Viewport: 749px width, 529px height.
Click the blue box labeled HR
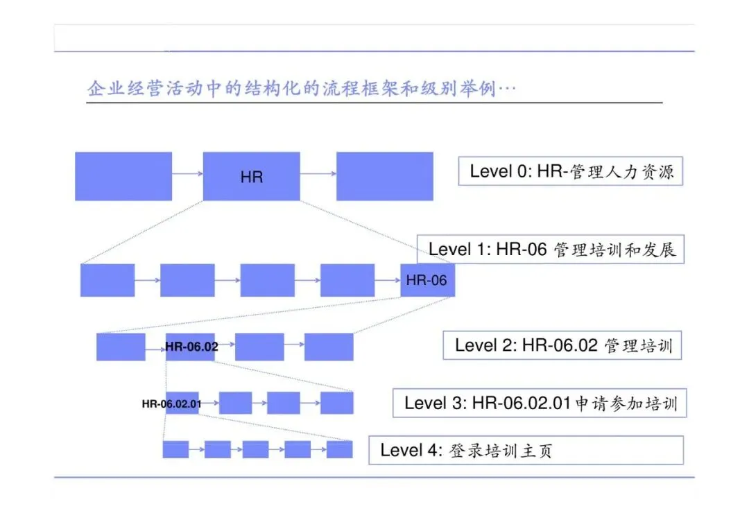[251, 176]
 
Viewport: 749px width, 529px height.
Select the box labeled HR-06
[427, 280]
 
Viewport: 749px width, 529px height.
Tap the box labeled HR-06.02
[191, 347]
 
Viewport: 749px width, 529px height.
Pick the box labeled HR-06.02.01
[182, 403]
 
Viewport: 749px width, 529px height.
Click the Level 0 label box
[571, 171]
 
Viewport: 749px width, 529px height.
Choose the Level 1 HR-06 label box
[551, 250]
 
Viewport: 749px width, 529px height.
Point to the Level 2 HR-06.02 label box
[562, 345]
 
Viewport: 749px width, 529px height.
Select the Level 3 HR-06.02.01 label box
[540, 403]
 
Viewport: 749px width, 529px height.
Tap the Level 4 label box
[525, 450]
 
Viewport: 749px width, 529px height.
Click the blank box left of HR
[123, 176]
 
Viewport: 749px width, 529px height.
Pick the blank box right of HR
[384, 176]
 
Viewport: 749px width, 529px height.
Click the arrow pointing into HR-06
[387, 280]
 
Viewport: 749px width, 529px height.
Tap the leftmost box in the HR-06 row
[107, 280]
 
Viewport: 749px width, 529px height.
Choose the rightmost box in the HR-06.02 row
[329, 347]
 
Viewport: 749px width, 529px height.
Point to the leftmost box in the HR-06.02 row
[121, 347]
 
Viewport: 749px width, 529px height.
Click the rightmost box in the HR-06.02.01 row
[336, 403]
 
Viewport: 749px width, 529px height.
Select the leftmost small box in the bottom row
[175, 449]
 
